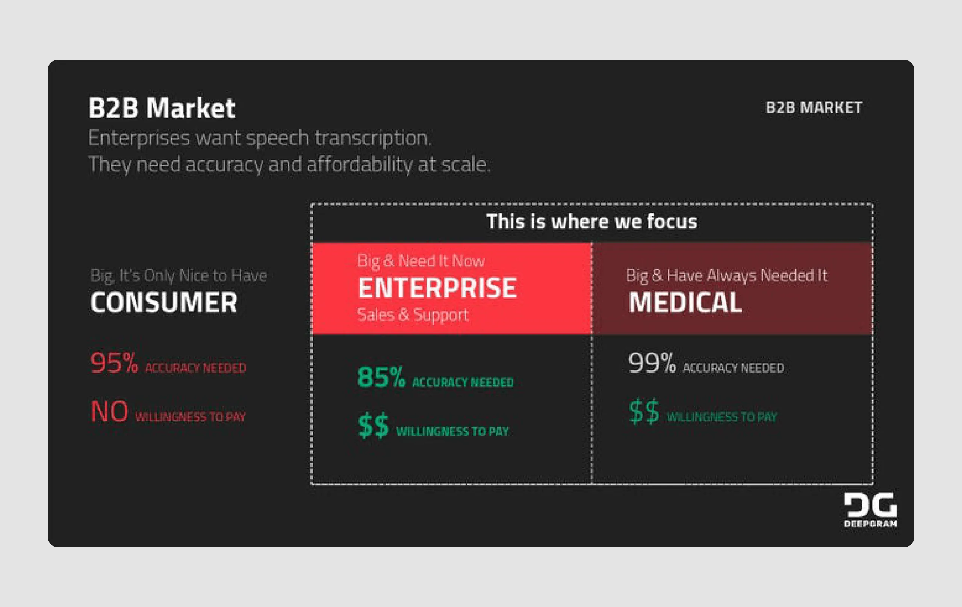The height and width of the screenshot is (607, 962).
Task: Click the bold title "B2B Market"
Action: [162, 108]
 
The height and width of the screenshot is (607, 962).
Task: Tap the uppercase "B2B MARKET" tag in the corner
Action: [814, 108]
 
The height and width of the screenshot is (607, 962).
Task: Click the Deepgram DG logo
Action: [870, 510]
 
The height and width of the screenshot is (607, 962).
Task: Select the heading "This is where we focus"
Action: [591, 221]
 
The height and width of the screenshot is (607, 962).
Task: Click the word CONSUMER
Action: [164, 302]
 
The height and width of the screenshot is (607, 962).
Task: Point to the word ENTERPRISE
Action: [437, 288]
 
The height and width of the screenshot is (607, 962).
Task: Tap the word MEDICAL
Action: [685, 302]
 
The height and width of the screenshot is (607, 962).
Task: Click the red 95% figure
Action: [114, 363]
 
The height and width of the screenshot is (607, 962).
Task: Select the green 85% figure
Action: [381, 377]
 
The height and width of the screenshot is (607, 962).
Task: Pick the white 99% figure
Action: [652, 363]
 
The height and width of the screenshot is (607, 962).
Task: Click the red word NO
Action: [109, 412]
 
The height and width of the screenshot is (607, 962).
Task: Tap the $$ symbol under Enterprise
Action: [373, 426]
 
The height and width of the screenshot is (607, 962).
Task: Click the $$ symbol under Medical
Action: [644, 412]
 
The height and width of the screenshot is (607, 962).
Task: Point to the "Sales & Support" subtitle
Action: [413, 315]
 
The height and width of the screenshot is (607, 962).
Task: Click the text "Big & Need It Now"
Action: [420, 261]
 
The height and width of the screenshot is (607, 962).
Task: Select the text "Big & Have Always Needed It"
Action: [726, 275]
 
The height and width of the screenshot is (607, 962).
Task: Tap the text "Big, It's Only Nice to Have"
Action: [178, 275]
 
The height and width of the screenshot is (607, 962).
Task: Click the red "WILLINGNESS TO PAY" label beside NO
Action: [190, 417]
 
